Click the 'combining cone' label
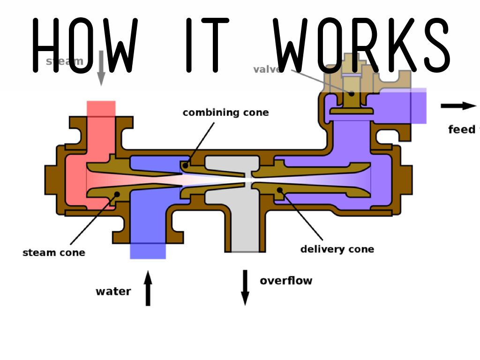click(225, 113)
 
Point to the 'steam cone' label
click(54, 253)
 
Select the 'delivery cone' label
click(337, 249)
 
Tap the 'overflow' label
click(286, 281)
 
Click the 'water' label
click(113, 292)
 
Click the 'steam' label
click(65, 61)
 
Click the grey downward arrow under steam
click(100, 70)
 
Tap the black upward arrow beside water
click(148, 288)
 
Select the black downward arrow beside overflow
click(245, 287)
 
